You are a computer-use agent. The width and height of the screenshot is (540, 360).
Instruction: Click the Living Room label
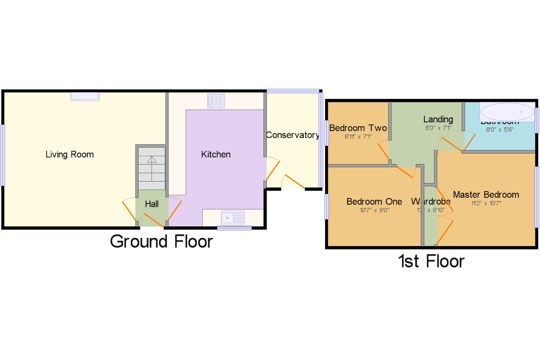(x=70, y=154)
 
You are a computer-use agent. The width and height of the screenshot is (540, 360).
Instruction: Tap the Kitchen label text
(x=216, y=154)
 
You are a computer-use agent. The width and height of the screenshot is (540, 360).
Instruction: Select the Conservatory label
(x=292, y=135)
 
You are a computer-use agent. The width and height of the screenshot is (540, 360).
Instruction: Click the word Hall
(x=152, y=204)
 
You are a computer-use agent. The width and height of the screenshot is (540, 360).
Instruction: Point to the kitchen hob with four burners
(x=216, y=101)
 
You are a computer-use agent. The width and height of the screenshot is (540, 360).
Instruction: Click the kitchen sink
(x=233, y=218)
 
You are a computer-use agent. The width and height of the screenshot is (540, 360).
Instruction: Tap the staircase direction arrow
(x=152, y=160)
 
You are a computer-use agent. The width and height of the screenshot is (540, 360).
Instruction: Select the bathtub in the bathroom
(x=507, y=112)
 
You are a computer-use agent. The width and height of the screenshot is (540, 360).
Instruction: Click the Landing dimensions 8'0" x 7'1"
(x=438, y=128)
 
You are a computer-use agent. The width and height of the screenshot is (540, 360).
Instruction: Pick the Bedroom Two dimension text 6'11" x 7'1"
(x=358, y=137)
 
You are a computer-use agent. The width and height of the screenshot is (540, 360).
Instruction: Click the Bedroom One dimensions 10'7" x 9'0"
(x=374, y=210)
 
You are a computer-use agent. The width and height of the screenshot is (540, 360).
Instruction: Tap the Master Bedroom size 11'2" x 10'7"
(x=486, y=203)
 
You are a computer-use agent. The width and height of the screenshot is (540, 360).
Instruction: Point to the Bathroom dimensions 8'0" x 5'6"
(x=500, y=130)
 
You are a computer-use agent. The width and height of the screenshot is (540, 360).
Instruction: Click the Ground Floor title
(x=161, y=241)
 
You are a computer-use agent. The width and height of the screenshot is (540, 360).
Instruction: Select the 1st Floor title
(x=431, y=261)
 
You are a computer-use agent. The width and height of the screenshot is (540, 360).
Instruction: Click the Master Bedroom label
(x=486, y=195)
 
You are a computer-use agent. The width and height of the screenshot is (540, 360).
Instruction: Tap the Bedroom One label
(x=374, y=202)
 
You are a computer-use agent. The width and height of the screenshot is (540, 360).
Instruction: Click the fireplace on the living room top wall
(x=85, y=96)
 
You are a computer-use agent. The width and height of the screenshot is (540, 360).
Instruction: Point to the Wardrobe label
(x=431, y=201)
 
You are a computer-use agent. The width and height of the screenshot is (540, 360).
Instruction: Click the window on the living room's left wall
(x=3, y=155)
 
